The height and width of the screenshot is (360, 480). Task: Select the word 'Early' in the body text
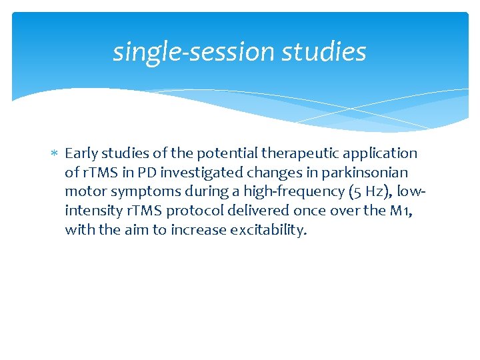[81, 153]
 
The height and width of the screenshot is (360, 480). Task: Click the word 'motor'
[84, 192]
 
